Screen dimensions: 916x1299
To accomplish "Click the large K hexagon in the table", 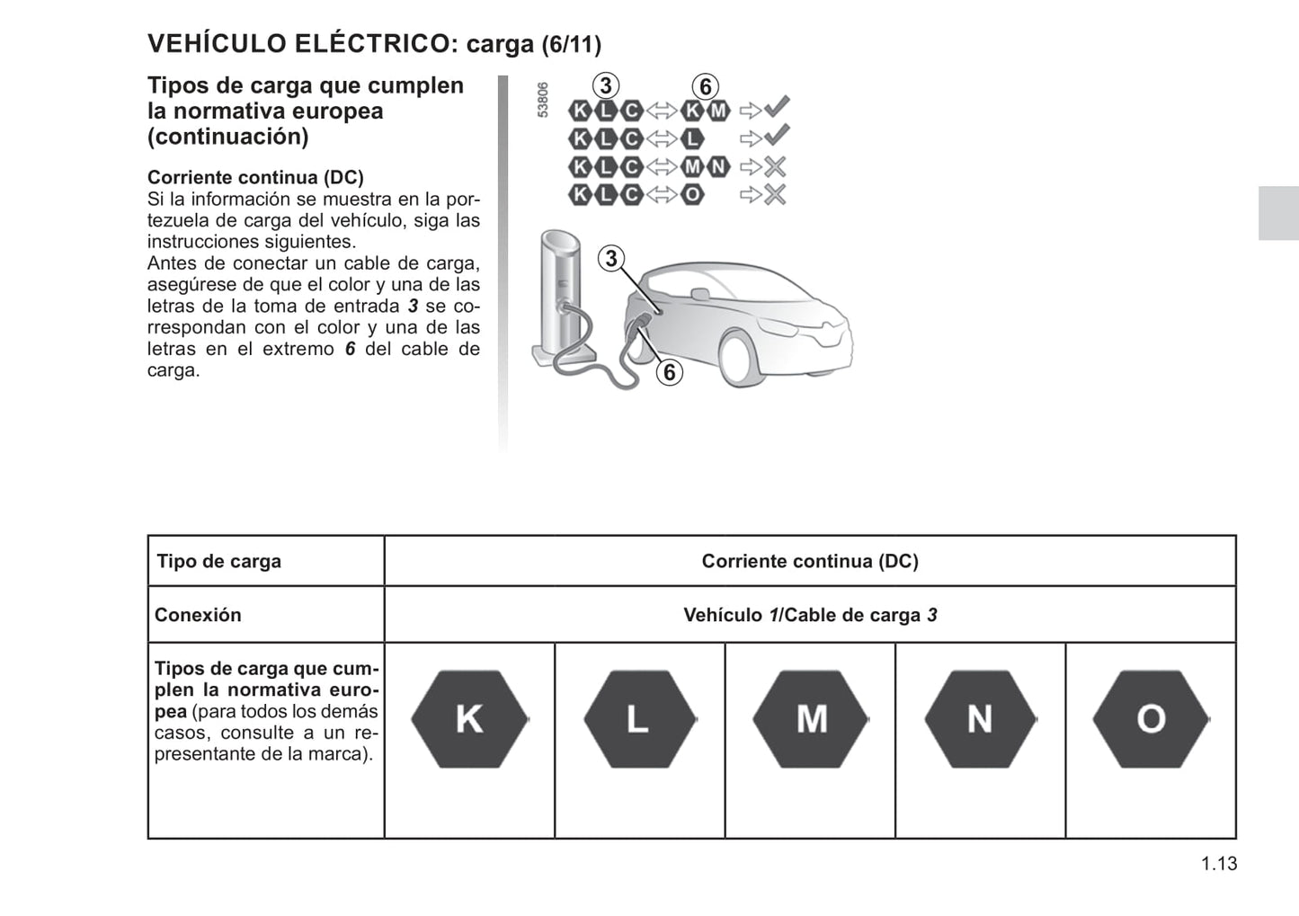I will pos(469,719).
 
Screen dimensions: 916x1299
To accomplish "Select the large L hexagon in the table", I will pos(639,719).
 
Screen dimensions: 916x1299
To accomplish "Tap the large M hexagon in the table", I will pos(811,719).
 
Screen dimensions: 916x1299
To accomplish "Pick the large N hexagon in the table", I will pos(980,719).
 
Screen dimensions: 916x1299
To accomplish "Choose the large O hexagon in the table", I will pos(1151,719).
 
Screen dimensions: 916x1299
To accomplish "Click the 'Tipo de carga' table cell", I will pos(219,562).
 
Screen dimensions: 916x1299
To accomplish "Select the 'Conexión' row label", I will pos(199,616).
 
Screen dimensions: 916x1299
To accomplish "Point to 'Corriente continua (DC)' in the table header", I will pos(810,562).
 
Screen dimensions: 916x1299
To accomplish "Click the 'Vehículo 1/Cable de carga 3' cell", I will pos(810,616).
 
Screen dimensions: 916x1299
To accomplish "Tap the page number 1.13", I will pos(1219,864).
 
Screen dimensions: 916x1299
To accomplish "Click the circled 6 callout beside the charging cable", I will pos(670,372).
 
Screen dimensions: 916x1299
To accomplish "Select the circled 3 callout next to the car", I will pos(611,259).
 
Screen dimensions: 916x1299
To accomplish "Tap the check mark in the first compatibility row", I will pos(777,108).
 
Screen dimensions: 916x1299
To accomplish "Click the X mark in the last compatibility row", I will pos(774,194).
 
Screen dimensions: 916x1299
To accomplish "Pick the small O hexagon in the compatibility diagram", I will pos(692,194).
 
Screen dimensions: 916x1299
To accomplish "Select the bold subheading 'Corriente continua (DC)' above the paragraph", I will pos(255,178).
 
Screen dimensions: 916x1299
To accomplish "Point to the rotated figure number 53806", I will pos(542,100).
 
